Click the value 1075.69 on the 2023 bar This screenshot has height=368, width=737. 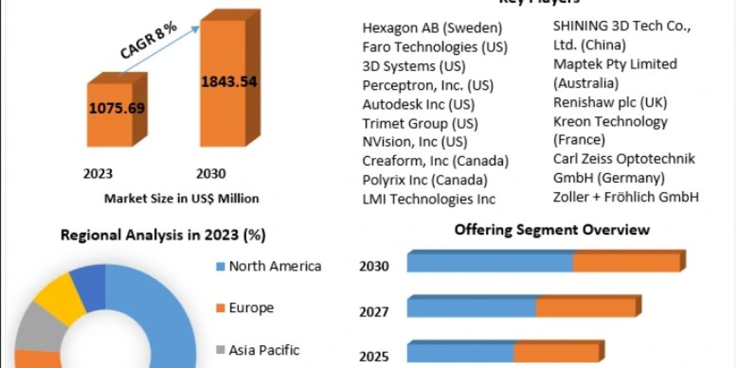pyautogui.click(x=117, y=109)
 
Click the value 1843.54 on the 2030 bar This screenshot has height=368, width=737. pyautogui.click(x=229, y=81)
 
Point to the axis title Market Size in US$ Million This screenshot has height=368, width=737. pyautogui.click(x=181, y=199)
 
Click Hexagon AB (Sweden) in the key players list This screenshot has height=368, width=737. pyautogui.click(x=432, y=28)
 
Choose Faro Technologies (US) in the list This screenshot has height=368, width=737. pyautogui.click(x=435, y=47)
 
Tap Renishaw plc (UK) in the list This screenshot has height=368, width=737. pyautogui.click(x=610, y=102)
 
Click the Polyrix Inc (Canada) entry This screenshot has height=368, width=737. pyautogui.click(x=425, y=180)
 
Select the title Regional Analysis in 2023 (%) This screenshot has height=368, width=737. pyautogui.click(x=163, y=235)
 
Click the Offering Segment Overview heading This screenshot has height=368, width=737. pyautogui.click(x=552, y=230)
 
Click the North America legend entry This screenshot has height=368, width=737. pyautogui.click(x=275, y=266)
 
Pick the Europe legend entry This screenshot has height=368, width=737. pyautogui.click(x=251, y=308)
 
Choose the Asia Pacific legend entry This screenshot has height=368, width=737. pyautogui.click(x=264, y=350)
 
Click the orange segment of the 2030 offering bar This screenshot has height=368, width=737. pyautogui.click(x=626, y=263)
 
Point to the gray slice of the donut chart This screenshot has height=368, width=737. pyautogui.click(x=36, y=328)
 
